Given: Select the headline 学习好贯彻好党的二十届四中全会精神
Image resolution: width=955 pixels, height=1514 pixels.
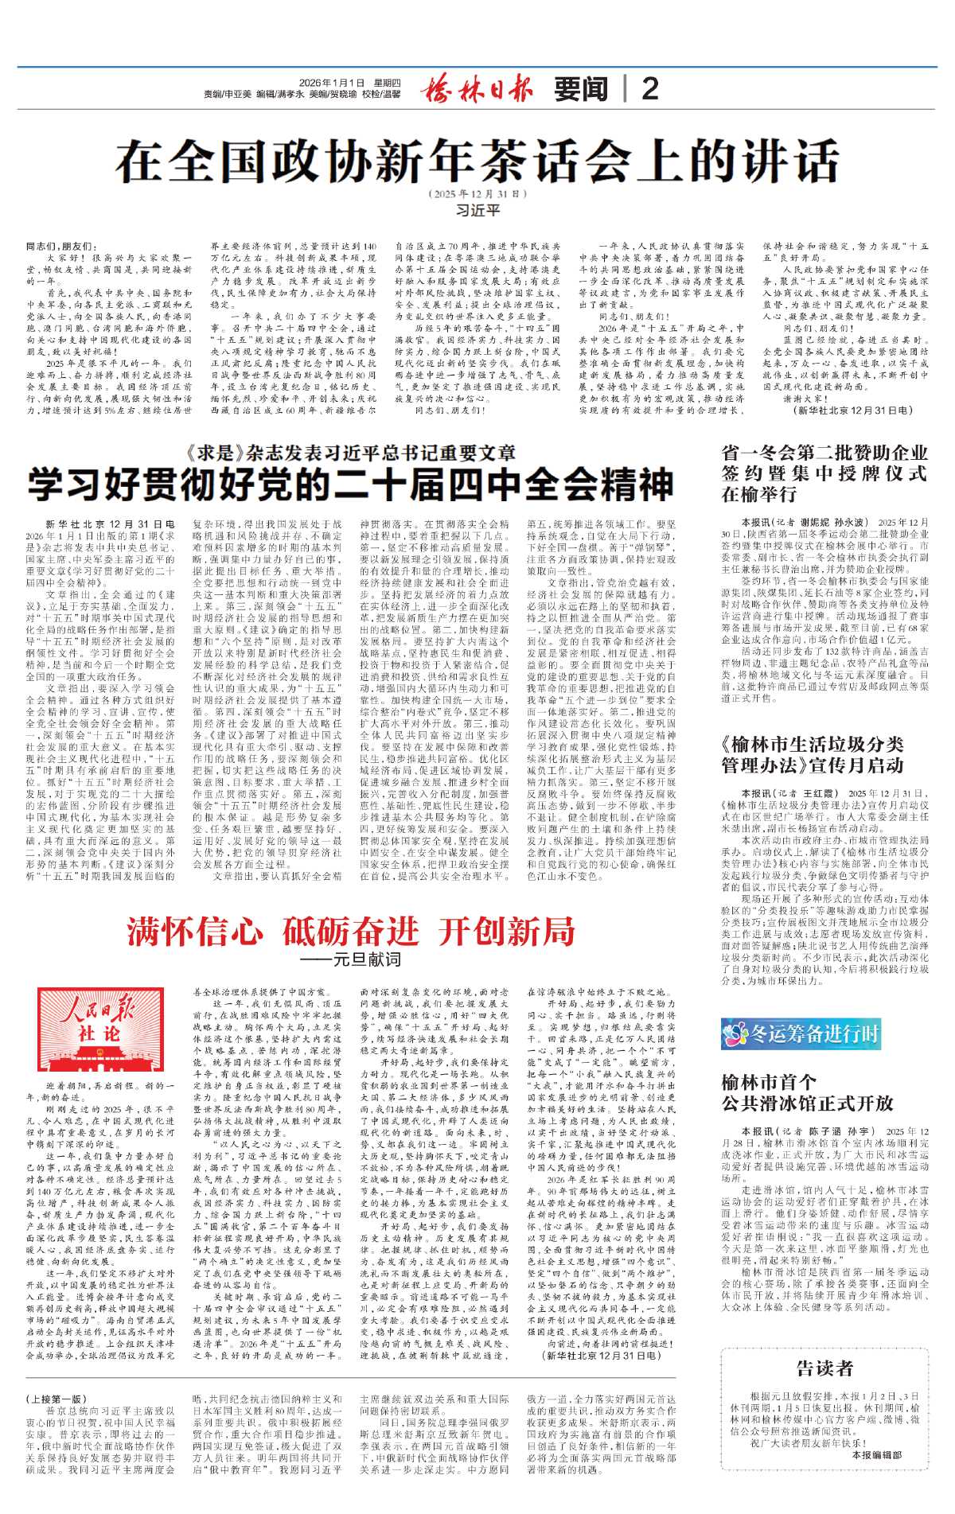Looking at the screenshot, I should click(350, 485).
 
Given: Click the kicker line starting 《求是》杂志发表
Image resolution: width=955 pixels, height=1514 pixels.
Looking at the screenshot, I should click(350, 453).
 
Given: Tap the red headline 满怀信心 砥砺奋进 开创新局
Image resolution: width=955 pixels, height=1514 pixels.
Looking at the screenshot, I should click(350, 930).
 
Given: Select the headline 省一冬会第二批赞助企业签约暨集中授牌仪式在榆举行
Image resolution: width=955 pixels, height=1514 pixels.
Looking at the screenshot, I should click(824, 473).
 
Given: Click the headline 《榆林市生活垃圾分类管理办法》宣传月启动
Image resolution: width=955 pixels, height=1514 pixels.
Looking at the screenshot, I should click(812, 754).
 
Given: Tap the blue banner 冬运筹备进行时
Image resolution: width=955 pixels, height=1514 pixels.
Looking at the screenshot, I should click(801, 1033).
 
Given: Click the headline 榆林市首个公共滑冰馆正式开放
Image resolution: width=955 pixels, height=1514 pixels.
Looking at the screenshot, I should click(807, 1092).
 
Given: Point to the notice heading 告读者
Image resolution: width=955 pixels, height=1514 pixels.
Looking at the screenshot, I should click(824, 1368).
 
